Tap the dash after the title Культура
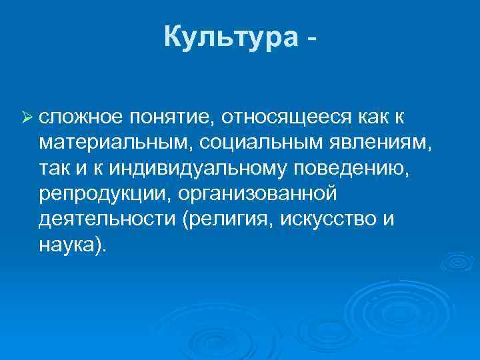pos(310,40)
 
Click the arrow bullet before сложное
pos(27,118)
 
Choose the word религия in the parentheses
pos(225,220)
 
